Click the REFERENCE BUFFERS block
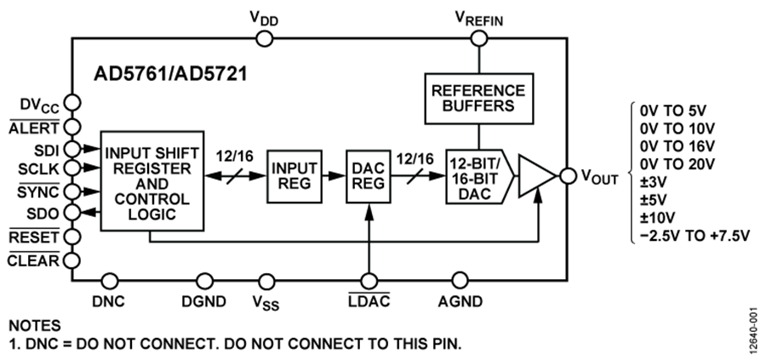pos(477,99)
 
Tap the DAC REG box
pos(368,176)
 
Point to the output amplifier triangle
pos(534,176)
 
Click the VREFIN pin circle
pos(478,37)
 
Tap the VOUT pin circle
pos(564,176)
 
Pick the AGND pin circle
pos(460,279)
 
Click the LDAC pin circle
pos(369,279)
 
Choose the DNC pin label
pos(108,300)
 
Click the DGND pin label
pos(203,300)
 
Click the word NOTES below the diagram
pos(34,325)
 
